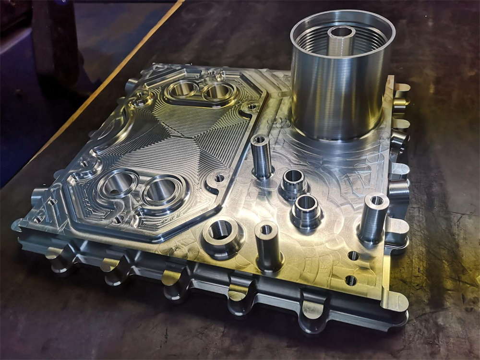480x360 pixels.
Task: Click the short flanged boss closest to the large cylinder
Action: tap(293, 182)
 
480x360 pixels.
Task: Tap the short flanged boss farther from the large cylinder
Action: tap(306, 210)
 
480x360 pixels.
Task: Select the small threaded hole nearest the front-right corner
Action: tap(351, 280)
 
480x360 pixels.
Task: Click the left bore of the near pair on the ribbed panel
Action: tap(117, 183)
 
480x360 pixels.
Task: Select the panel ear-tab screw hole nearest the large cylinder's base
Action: tap(252, 106)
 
